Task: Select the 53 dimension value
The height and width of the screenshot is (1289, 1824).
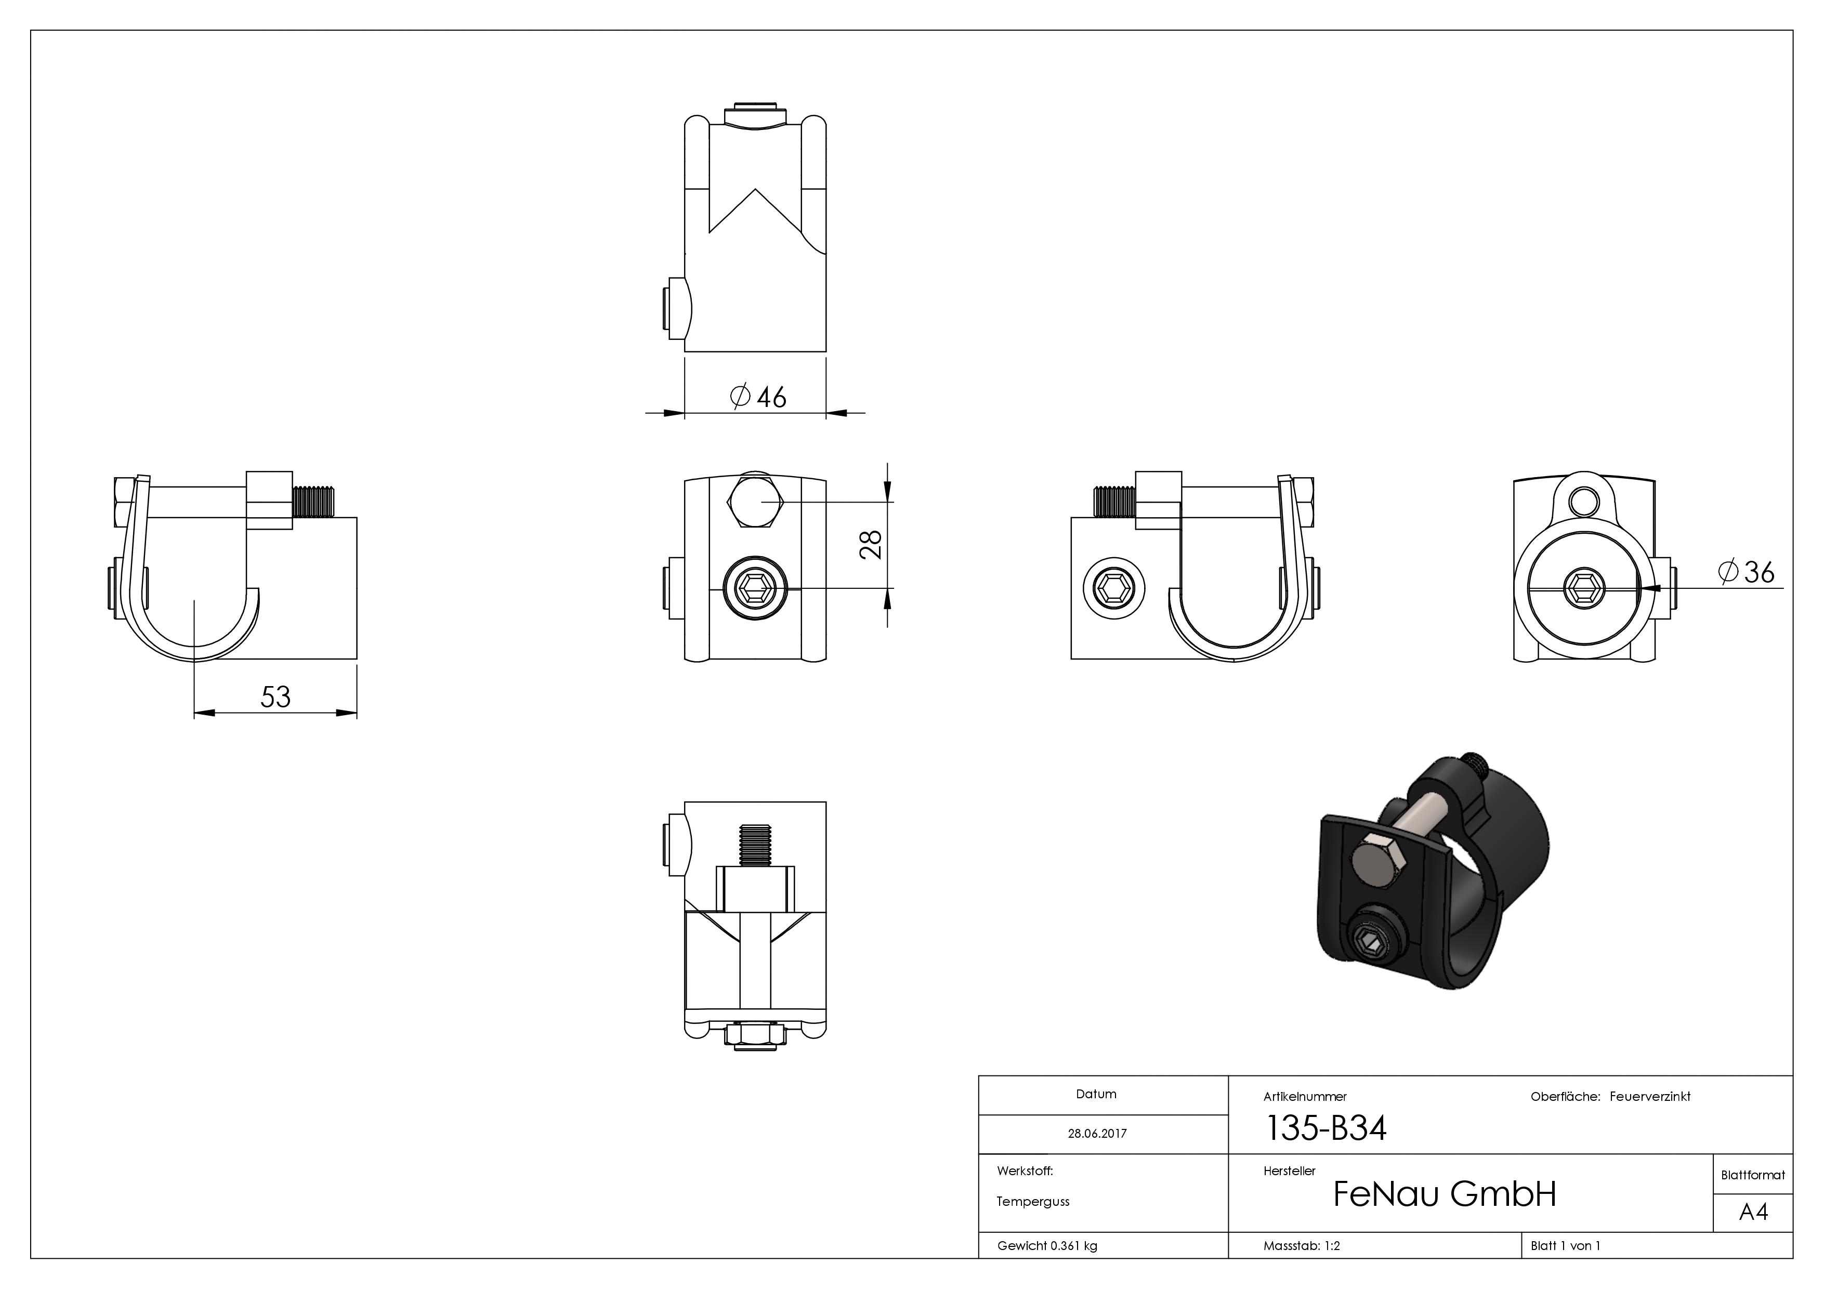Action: coord(275,696)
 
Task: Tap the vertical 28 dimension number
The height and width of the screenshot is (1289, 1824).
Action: coord(872,545)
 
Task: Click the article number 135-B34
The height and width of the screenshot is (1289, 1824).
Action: coord(1325,1128)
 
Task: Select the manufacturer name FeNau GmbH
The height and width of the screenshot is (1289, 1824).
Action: coord(1444,1194)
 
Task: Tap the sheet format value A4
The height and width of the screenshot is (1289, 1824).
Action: coord(1753,1212)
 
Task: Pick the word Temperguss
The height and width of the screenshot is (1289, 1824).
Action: coord(1033,1201)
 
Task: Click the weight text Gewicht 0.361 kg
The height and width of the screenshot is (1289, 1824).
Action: coord(1047,1245)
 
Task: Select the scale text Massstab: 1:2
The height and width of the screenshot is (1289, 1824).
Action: coord(1301,1245)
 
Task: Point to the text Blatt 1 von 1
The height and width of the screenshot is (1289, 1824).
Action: coord(1565,1245)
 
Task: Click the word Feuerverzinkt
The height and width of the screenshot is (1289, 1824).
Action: coord(1649,1096)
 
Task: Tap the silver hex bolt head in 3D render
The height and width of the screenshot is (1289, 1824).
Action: coord(1377,861)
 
